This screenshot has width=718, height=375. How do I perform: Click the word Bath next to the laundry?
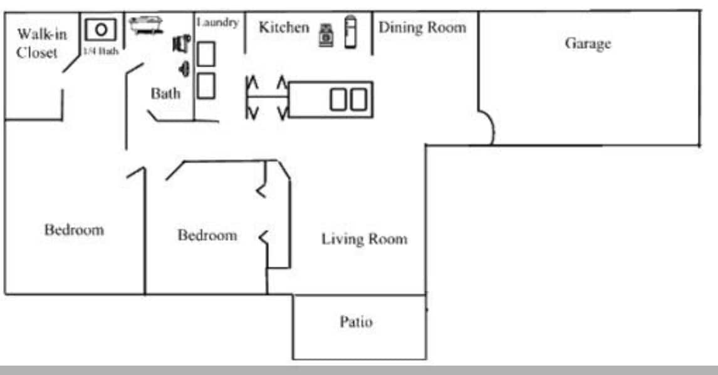(x=165, y=94)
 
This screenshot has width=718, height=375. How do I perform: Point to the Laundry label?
(x=218, y=23)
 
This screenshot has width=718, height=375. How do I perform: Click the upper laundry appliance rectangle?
(x=206, y=54)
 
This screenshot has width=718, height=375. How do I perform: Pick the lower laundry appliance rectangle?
(x=206, y=85)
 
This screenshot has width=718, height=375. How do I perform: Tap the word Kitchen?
(x=284, y=28)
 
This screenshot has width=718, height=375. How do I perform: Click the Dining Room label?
(x=422, y=28)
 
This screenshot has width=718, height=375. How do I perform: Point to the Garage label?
(x=588, y=44)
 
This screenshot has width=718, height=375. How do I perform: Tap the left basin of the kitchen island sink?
(x=339, y=100)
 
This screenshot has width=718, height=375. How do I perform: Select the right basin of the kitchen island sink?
(x=358, y=100)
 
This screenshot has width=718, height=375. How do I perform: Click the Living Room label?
(x=364, y=239)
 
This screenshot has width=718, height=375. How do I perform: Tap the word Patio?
(x=356, y=322)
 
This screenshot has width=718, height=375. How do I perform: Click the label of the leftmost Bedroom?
(x=74, y=230)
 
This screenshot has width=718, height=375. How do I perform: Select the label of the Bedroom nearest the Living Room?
(x=207, y=236)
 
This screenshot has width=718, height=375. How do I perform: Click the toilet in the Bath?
(x=182, y=43)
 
